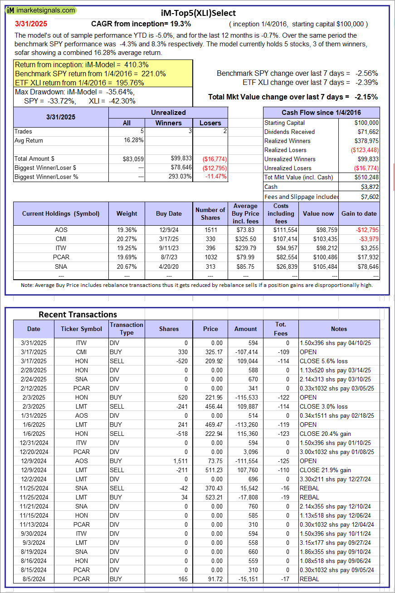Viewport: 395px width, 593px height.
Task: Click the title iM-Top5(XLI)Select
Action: [199, 13]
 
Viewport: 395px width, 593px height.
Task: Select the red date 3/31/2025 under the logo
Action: [30, 24]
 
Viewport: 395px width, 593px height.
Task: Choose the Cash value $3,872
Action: [369, 187]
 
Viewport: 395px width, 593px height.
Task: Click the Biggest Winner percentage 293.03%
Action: [180, 177]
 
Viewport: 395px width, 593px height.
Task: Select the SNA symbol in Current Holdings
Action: [61, 266]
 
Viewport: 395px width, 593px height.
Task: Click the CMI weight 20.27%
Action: [127, 239]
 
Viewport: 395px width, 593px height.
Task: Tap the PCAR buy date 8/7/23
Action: [169, 257]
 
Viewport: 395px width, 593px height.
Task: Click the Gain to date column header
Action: [359, 213]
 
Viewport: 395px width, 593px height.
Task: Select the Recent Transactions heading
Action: [78, 314]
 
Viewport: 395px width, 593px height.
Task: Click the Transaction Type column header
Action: [127, 329]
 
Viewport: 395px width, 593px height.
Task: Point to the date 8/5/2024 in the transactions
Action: [34, 579]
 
